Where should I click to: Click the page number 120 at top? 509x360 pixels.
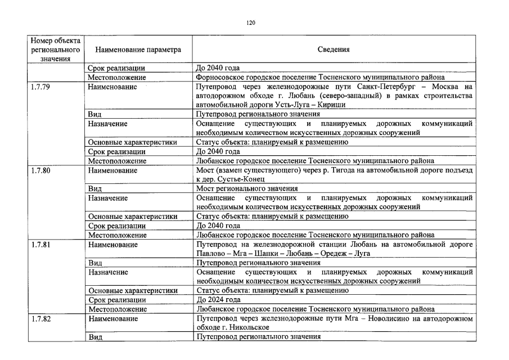251,22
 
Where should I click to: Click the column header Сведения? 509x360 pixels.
334,49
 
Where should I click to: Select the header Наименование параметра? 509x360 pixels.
138,49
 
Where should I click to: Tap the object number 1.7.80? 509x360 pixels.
42,170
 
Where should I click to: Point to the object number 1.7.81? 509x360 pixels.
42,244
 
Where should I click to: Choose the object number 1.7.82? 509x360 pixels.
42,318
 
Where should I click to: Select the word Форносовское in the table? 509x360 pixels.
220,77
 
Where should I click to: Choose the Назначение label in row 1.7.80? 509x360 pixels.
107,198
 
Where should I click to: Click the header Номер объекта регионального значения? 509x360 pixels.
55,49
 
